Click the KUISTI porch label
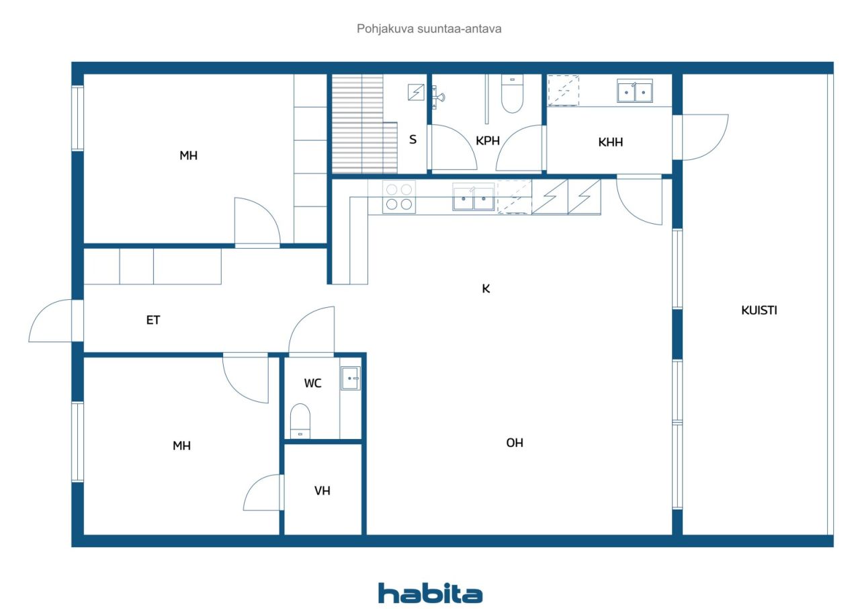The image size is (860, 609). [759, 311]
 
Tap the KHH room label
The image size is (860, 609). [611, 143]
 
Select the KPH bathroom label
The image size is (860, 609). [488, 141]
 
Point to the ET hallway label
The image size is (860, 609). [153, 320]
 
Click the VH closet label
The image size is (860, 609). [322, 491]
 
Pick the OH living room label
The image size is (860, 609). [515, 443]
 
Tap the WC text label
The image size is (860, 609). [312, 383]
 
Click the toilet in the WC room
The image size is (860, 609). [300, 421]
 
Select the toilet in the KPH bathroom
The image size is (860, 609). [512, 93]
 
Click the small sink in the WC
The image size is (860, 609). [350, 378]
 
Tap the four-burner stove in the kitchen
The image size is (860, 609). [399, 196]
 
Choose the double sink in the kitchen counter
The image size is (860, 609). [474, 197]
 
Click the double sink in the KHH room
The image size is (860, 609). [635, 91]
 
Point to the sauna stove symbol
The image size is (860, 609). [416, 92]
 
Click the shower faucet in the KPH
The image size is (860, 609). [439, 97]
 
